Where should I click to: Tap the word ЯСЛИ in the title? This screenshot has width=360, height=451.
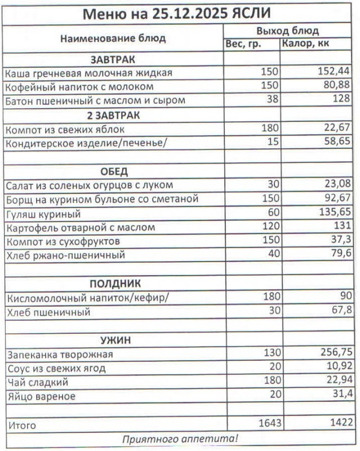(x=255, y=13)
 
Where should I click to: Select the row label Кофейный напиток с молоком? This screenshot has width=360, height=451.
(x=79, y=87)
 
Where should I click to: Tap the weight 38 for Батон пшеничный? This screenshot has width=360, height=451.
(x=273, y=101)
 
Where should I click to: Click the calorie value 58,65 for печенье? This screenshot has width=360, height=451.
(x=337, y=143)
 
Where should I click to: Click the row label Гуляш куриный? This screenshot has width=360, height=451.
(x=43, y=214)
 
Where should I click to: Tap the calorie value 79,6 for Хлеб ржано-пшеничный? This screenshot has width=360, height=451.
(x=340, y=255)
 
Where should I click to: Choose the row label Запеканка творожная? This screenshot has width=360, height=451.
(x=59, y=354)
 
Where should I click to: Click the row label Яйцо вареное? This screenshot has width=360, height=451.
(x=40, y=396)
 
